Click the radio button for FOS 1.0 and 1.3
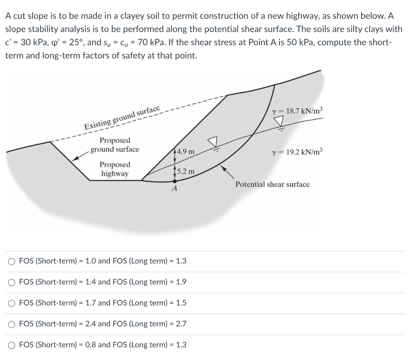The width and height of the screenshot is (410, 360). point(12,261)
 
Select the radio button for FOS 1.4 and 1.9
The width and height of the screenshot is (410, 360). point(12,282)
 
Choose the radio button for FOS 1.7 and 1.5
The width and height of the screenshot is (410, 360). point(12,303)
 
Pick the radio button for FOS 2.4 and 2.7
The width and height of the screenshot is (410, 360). point(12,324)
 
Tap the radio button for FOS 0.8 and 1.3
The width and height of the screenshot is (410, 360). point(12,345)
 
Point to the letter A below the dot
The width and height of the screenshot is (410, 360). point(174,189)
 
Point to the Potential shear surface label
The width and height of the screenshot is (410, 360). point(272,184)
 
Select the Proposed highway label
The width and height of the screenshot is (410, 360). point(115,169)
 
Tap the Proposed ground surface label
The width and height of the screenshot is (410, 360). point(115,145)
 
